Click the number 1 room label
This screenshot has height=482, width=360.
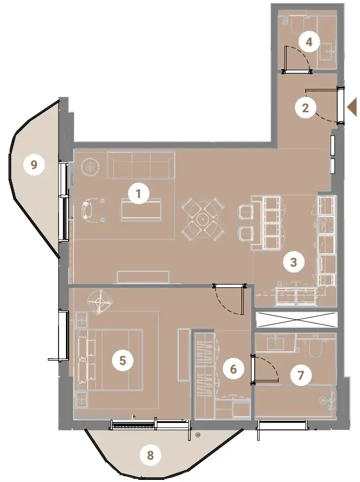(138, 194)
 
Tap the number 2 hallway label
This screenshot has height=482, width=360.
(305, 108)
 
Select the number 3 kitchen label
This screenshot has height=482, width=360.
(294, 262)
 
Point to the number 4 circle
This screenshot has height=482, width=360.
(309, 42)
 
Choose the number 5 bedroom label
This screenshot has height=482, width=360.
(122, 360)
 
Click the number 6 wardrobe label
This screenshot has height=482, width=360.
(233, 369)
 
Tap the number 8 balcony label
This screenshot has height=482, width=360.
(150, 455)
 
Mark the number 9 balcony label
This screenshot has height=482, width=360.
(34, 165)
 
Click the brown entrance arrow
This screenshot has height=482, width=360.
(352, 106)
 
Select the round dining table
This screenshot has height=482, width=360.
(203, 219)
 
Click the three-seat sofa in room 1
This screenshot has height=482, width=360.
(141, 165)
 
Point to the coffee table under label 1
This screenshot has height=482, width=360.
(141, 210)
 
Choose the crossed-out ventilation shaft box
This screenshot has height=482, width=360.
(296, 320)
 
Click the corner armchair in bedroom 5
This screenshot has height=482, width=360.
(101, 302)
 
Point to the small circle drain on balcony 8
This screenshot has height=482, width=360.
(198, 435)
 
